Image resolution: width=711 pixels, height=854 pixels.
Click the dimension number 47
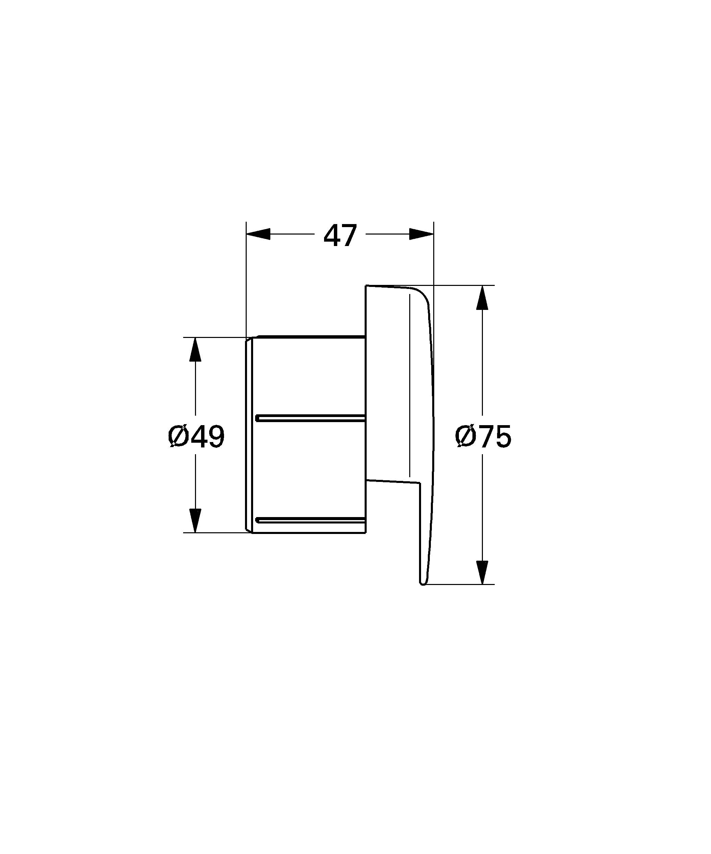(x=340, y=235)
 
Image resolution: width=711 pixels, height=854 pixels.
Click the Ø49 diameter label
(x=196, y=437)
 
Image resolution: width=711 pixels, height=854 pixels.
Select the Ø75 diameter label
(x=483, y=437)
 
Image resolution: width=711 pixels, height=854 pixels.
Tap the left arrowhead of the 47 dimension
(x=258, y=234)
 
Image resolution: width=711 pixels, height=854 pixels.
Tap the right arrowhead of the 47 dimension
(x=421, y=234)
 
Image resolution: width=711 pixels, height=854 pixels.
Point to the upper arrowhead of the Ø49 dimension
(x=196, y=349)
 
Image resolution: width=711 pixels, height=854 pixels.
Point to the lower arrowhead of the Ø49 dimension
(x=196, y=520)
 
